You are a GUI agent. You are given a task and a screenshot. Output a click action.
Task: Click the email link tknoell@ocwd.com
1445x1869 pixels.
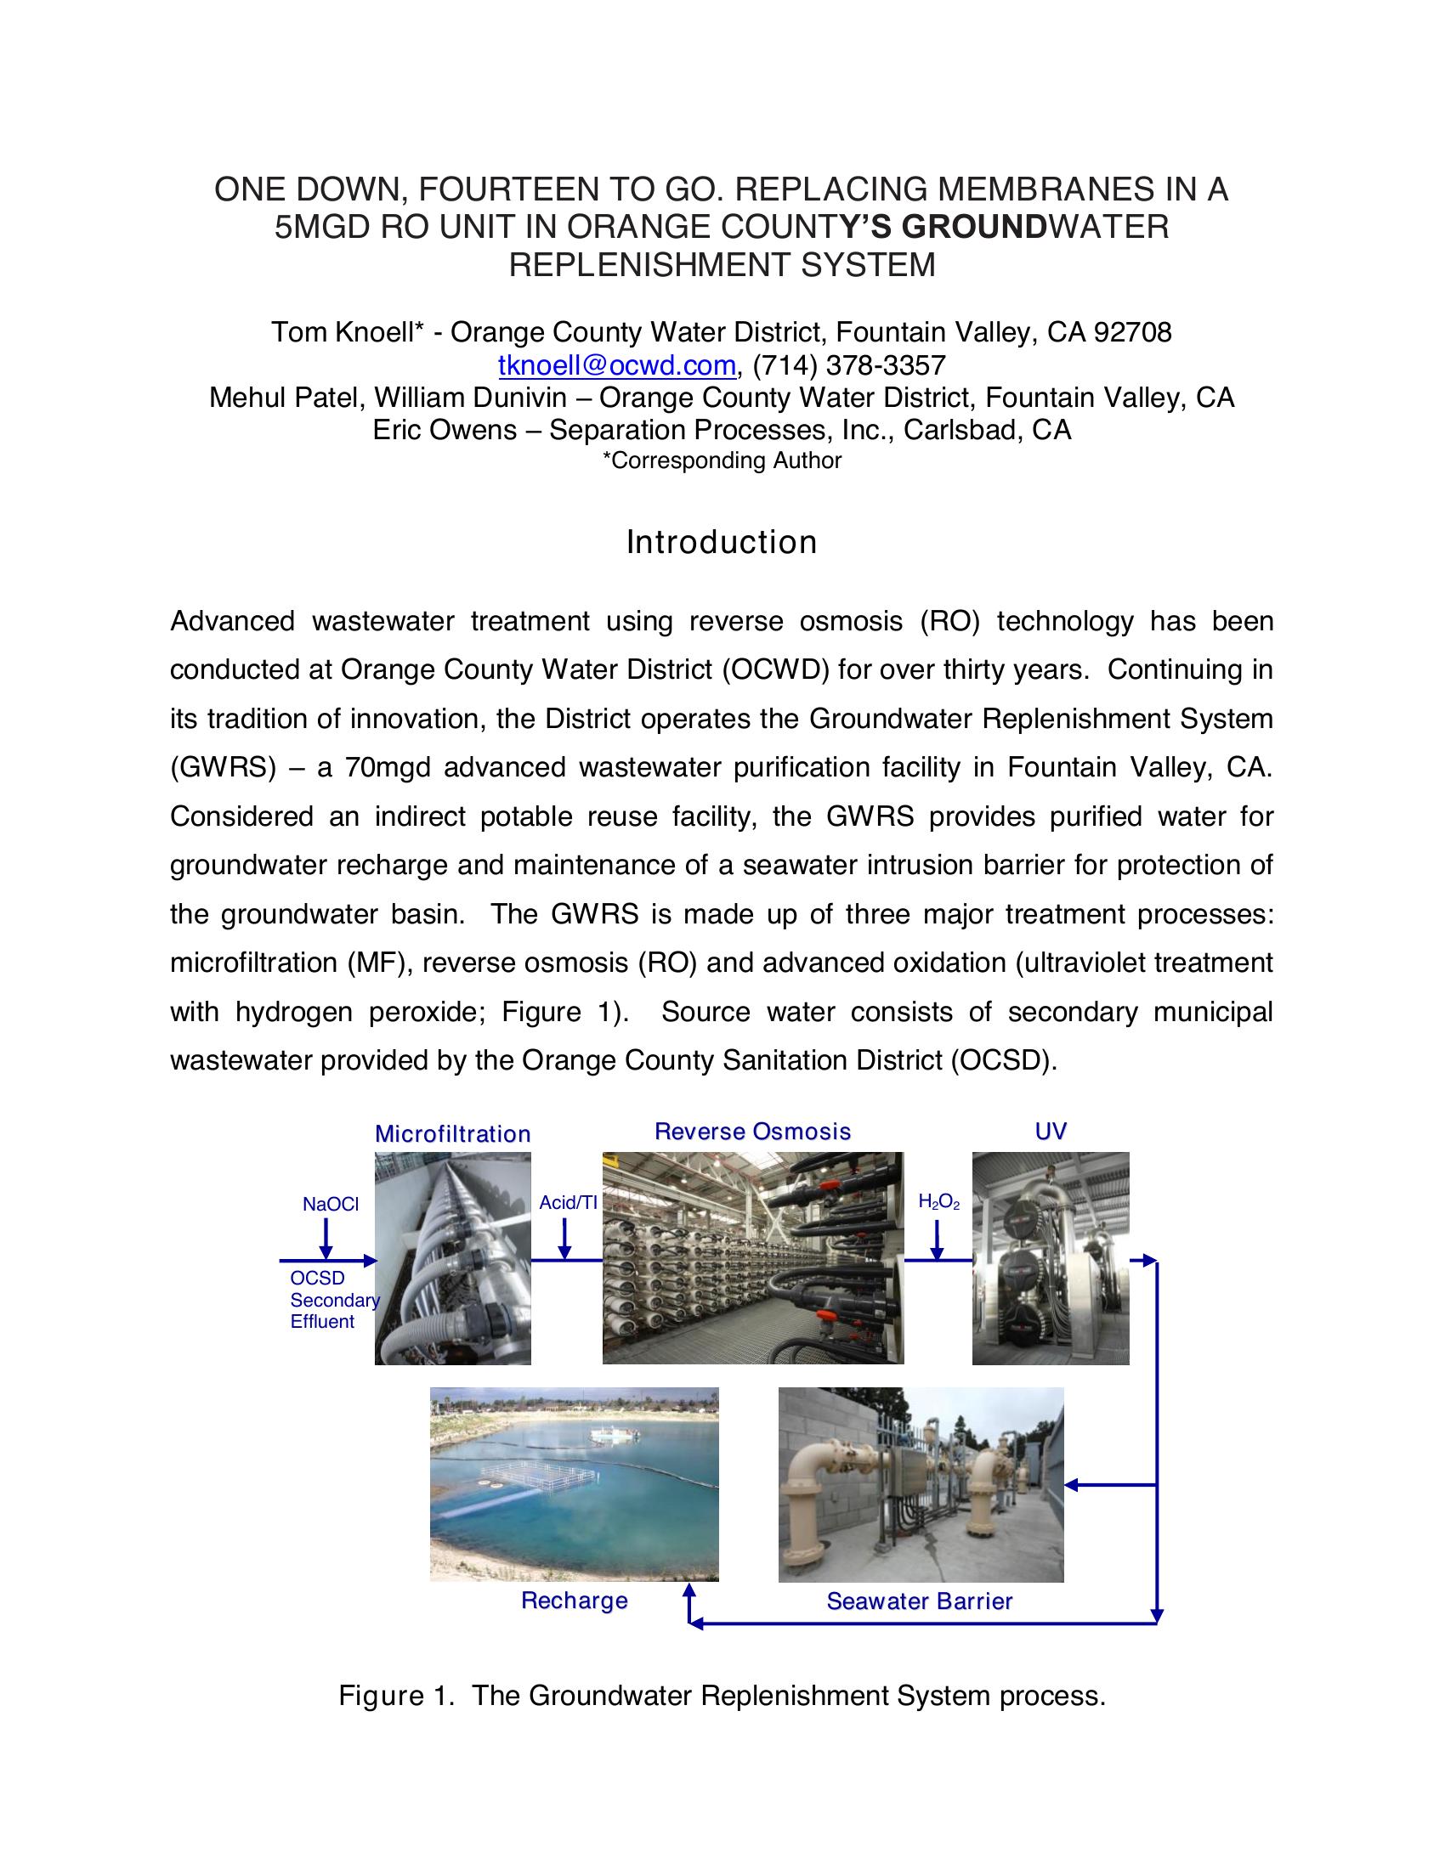point(616,365)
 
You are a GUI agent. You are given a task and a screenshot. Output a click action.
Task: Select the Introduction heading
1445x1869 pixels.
point(722,543)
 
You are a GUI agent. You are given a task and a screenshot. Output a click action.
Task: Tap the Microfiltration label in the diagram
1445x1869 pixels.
point(453,1134)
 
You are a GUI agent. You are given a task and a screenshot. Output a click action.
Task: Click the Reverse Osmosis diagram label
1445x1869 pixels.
point(752,1132)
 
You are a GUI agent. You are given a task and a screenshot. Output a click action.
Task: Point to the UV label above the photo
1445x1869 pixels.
point(1051,1132)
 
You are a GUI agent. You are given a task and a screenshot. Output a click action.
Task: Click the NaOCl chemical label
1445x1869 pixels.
point(331,1204)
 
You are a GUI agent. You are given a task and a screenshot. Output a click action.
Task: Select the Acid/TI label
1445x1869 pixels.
point(568,1202)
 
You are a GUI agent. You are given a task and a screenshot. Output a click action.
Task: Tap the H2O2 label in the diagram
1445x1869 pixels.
point(938,1202)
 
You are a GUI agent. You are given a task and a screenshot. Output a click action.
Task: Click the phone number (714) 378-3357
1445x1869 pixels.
point(849,365)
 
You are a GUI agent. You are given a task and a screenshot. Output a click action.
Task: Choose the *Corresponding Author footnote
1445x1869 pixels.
point(722,460)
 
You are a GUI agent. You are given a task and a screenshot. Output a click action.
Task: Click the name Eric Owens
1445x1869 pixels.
point(445,430)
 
